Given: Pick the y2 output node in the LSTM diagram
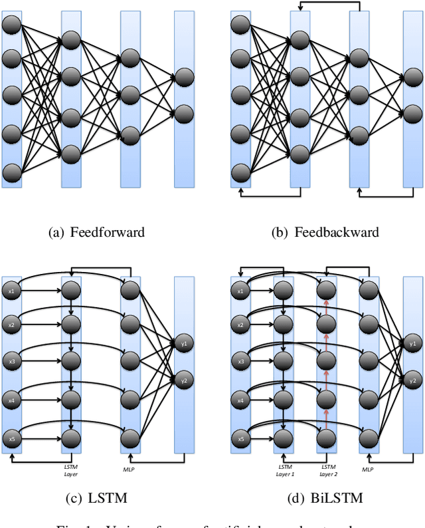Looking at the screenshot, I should (x=184, y=380).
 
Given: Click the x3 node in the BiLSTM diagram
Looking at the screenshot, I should (x=240, y=362).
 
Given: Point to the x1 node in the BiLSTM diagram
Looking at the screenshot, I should (x=240, y=290).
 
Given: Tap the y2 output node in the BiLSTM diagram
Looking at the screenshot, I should (x=412, y=380).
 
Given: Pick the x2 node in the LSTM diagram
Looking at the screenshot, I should (x=11, y=326).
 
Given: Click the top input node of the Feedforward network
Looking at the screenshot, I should (x=11, y=26).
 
